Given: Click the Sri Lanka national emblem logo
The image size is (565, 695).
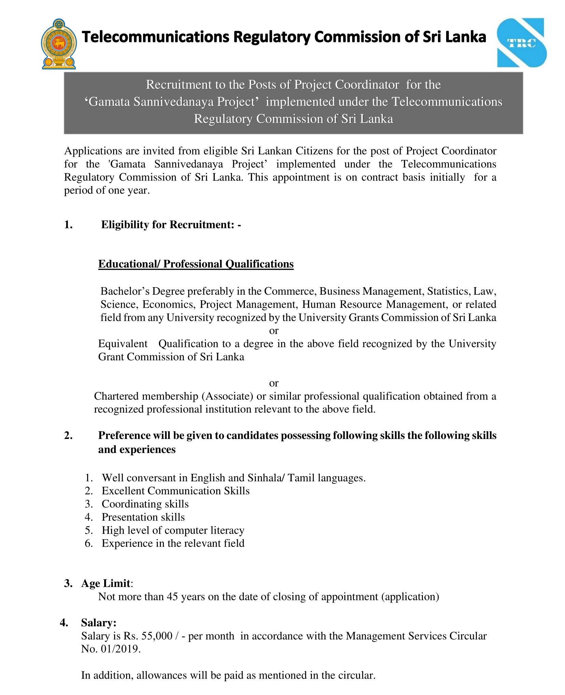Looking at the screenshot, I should pyautogui.click(x=58, y=44).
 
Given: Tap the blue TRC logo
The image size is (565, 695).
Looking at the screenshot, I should pyautogui.click(x=522, y=43).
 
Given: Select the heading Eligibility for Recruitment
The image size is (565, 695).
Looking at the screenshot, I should pyautogui.click(x=171, y=225).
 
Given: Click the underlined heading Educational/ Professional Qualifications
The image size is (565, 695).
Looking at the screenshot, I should pyautogui.click(x=196, y=264).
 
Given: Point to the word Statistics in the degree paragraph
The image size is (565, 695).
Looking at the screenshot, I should pyautogui.click(x=449, y=291).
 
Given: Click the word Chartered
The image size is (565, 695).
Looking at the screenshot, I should pyautogui.click(x=116, y=396).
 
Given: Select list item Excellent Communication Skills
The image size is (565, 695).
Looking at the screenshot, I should pyautogui.click(x=176, y=491).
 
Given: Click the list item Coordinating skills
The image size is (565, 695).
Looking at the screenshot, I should pyautogui.click(x=145, y=504).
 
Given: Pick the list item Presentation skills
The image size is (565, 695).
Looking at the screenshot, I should pyautogui.click(x=143, y=517).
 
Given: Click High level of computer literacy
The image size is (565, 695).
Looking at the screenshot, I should pyautogui.click(x=173, y=530).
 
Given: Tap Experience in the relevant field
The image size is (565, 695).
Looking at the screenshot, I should pyautogui.click(x=173, y=543).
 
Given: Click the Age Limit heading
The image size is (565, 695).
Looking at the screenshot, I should pyautogui.click(x=106, y=583).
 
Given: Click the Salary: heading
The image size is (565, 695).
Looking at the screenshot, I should pyautogui.click(x=98, y=623).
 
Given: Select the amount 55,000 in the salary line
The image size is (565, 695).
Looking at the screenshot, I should pyautogui.click(x=157, y=636).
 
